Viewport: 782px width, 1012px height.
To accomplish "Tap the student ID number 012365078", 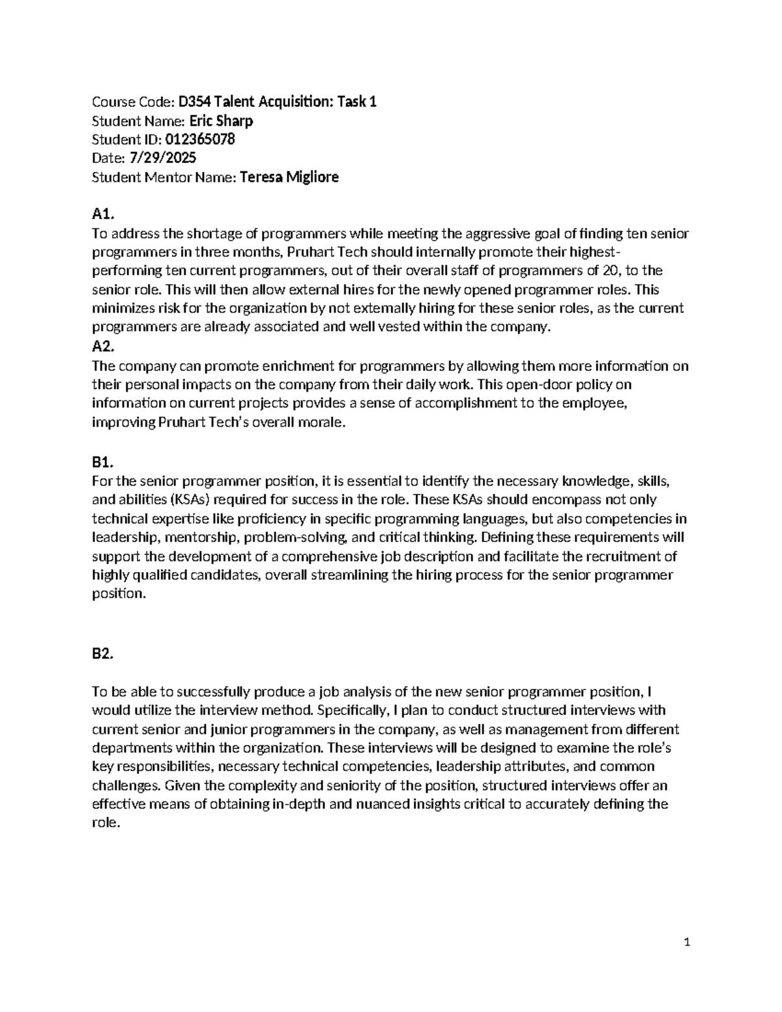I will click(200, 139).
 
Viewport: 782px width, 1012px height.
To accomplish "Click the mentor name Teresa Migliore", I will click(289, 177).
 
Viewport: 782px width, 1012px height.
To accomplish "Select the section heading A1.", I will click(103, 214).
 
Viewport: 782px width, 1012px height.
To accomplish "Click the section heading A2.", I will click(103, 347).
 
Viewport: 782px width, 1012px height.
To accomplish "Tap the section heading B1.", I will click(103, 463).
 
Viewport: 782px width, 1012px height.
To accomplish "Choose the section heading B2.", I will click(103, 654).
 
